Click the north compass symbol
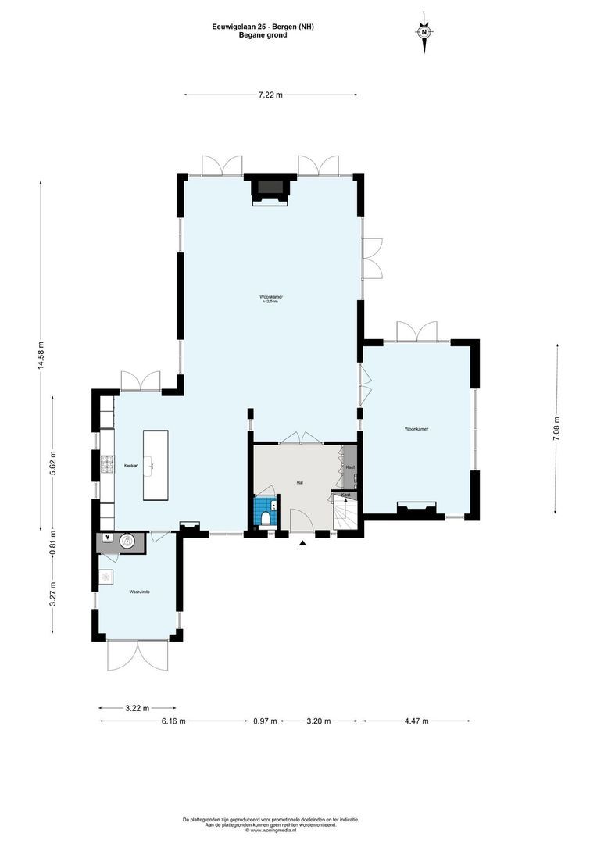424,34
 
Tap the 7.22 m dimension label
270,95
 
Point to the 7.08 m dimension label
556,429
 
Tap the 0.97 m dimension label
265,721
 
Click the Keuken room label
130,466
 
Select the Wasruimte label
139,592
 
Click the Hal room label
299,483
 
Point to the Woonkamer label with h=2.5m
271,299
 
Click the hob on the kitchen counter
105,467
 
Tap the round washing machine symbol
127,542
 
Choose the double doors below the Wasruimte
138,655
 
